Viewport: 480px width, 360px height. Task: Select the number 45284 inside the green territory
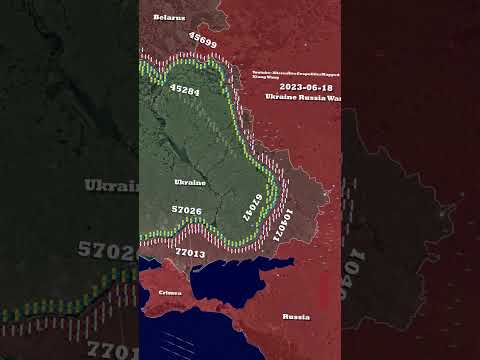pyautogui.click(x=186, y=91)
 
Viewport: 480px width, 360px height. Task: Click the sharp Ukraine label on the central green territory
pyautogui.click(x=190, y=183)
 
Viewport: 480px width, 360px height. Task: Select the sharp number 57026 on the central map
pyautogui.click(x=187, y=210)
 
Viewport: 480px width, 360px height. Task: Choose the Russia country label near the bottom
pyautogui.click(x=296, y=316)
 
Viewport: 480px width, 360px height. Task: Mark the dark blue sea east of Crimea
pyautogui.click(x=235, y=290)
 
